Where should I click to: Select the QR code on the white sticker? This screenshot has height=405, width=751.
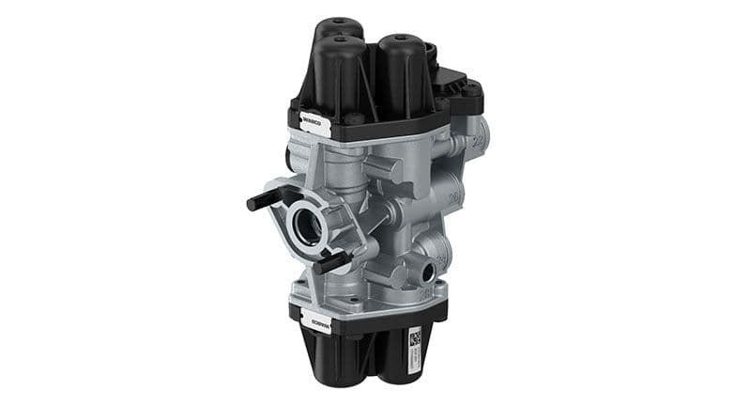pyautogui.click(x=414, y=336)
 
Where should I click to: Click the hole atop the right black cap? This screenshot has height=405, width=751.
pyautogui.click(x=400, y=42)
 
